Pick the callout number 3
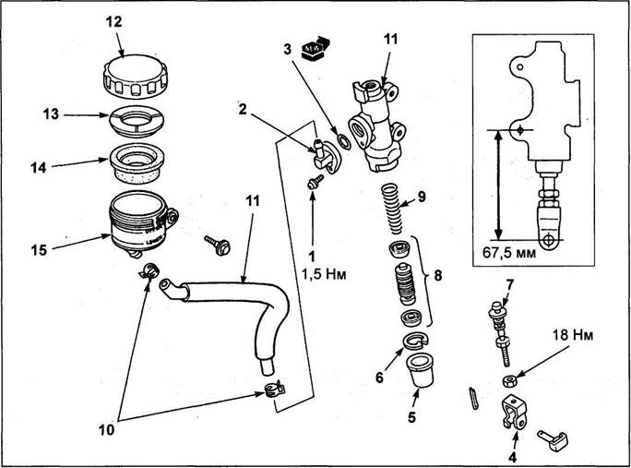click(288, 47)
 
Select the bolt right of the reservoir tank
click(223, 246)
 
